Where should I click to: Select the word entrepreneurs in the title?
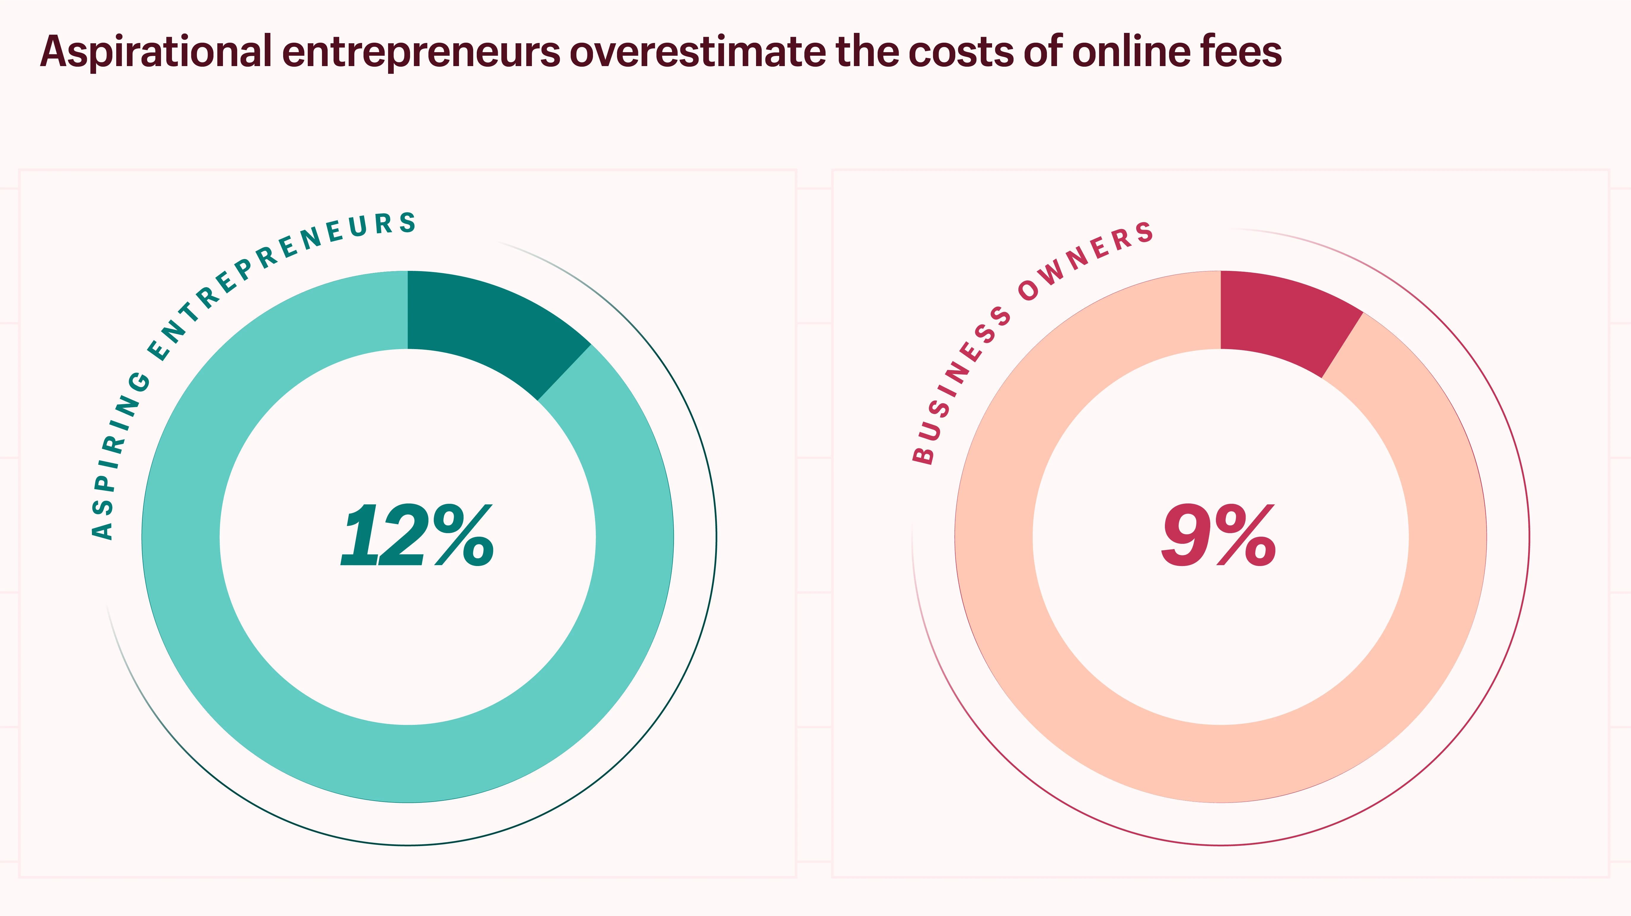(x=421, y=52)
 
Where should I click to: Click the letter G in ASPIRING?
(x=139, y=382)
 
